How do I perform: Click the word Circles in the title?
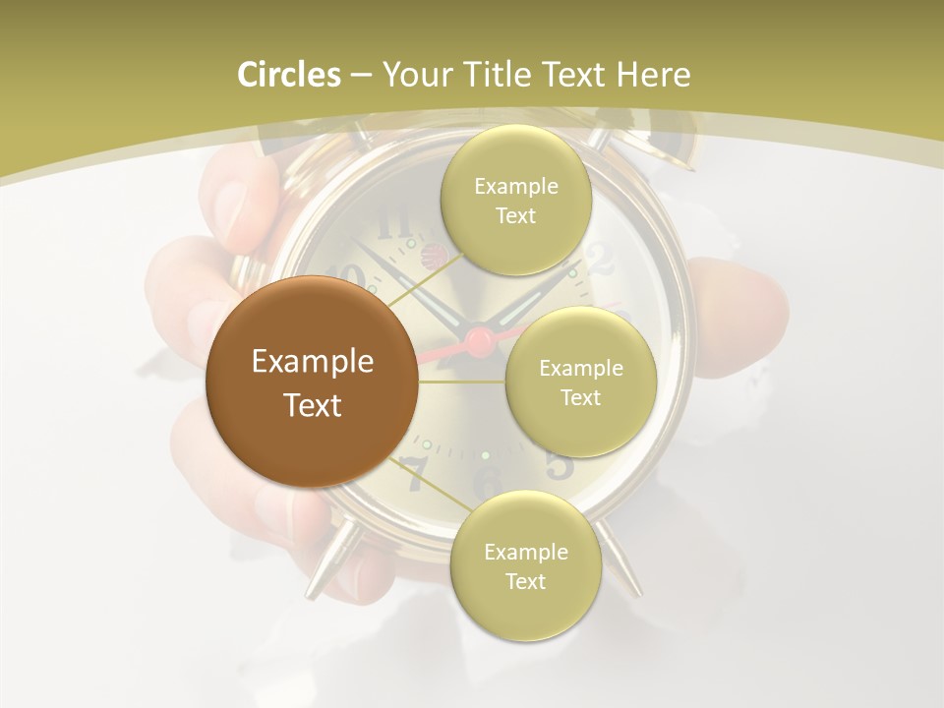[289, 75]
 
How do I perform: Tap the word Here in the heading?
[653, 75]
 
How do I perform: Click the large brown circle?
[312, 382]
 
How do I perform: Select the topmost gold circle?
[515, 201]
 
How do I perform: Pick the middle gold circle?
[580, 382]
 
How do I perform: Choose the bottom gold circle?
[525, 566]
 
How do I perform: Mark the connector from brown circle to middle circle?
[462, 382]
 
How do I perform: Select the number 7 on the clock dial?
[415, 476]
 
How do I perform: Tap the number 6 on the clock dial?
[486, 482]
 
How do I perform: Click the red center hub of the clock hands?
[479, 342]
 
